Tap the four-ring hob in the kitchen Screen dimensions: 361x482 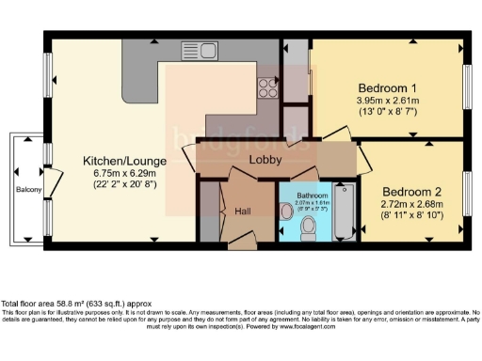point(267,86)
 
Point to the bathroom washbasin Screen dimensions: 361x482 point(286,212)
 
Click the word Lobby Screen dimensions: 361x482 point(265,161)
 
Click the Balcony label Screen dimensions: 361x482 point(28,190)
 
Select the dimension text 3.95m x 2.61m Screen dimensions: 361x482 point(387,102)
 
